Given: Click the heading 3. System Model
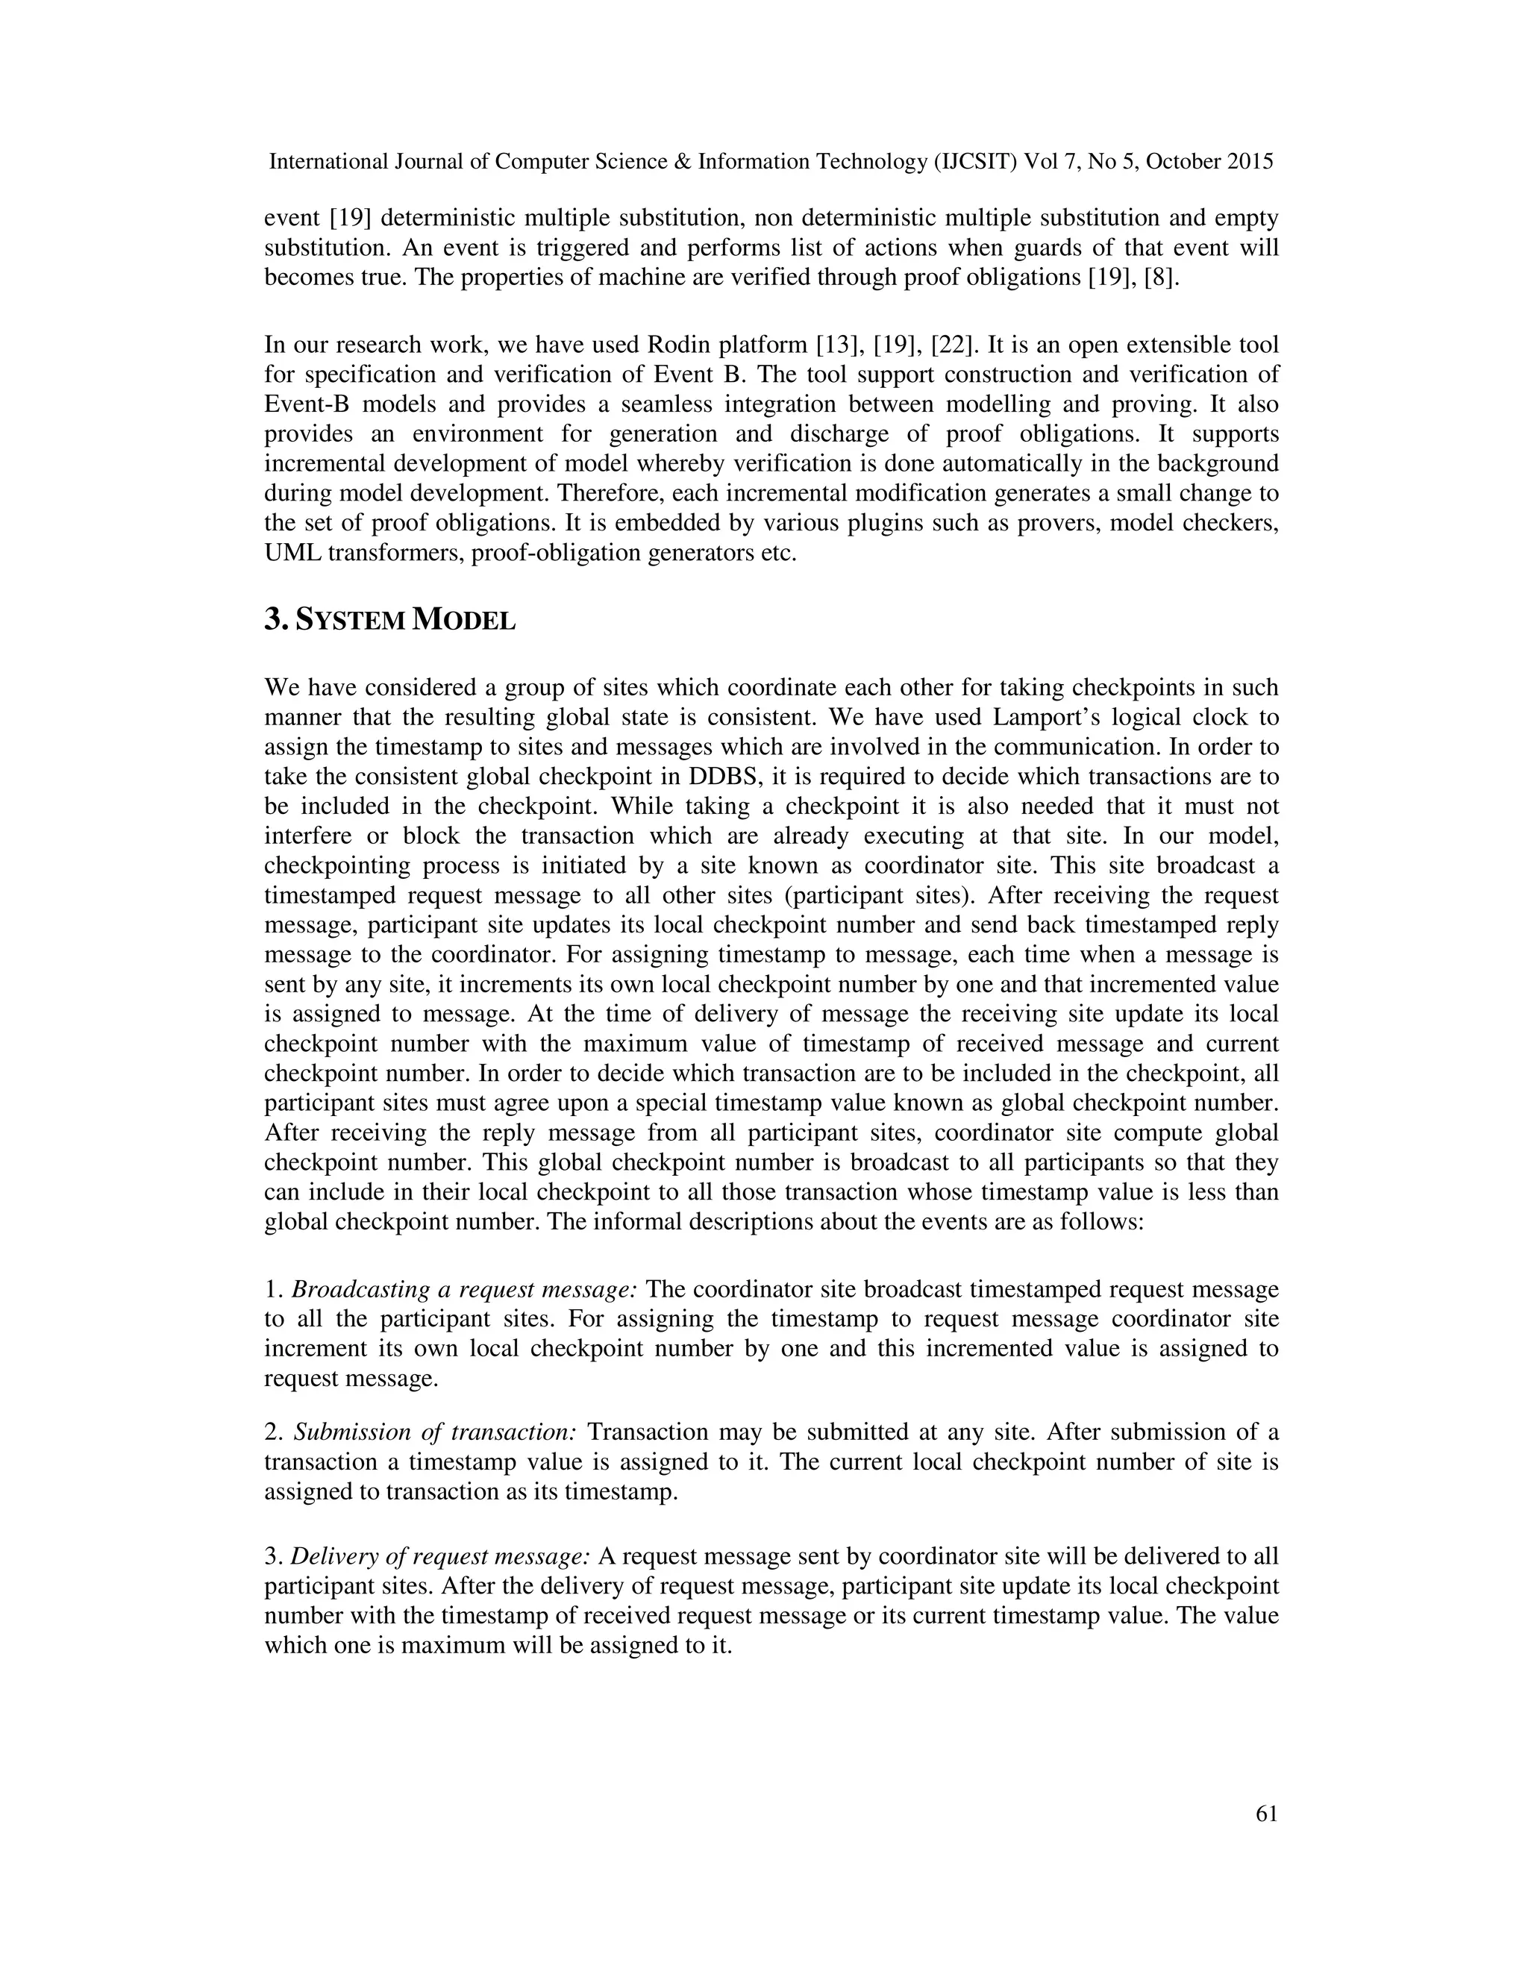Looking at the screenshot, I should point(390,620).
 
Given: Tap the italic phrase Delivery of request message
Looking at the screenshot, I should point(441,1557).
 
